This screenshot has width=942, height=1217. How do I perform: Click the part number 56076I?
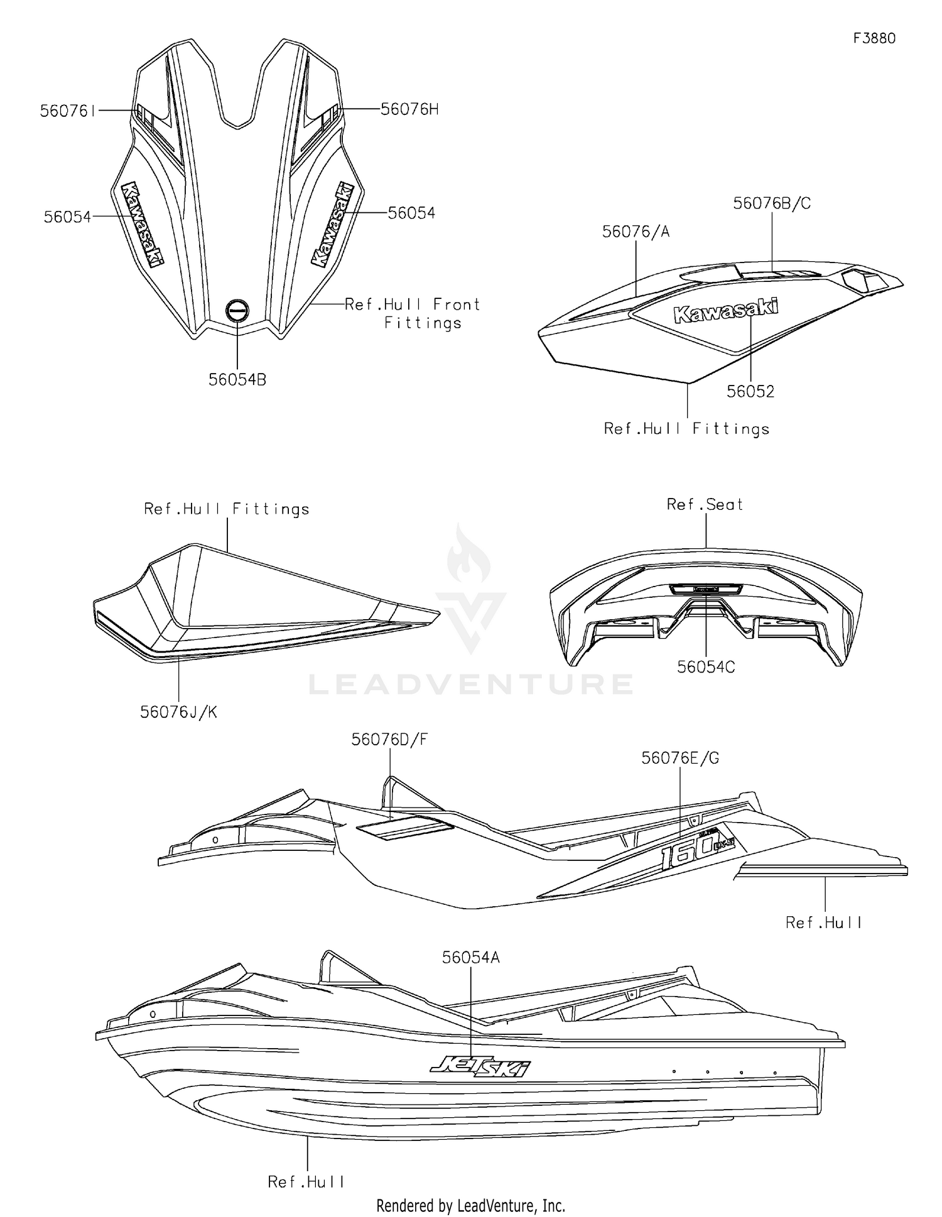68,111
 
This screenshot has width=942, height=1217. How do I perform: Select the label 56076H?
409,109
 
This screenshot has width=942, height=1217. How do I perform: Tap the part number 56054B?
237,380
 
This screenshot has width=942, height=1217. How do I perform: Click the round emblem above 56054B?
237,310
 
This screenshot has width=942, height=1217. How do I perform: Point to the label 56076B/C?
772,203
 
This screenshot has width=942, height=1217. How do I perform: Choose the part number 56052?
750,391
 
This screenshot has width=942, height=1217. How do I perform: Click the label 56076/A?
636,232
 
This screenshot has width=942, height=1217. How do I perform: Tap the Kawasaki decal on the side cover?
725,311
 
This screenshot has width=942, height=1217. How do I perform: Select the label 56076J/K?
178,712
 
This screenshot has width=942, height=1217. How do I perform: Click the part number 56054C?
706,667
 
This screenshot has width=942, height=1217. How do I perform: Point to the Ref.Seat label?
705,504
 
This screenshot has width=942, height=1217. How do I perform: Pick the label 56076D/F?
389,740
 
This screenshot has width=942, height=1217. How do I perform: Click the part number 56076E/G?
680,759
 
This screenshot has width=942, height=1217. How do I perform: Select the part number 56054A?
471,958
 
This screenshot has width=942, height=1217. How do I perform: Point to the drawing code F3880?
874,38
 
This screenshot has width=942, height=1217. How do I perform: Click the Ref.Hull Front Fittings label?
413,313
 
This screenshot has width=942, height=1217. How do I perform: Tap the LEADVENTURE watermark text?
471,684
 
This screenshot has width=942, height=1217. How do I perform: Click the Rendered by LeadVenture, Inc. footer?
471,1206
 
